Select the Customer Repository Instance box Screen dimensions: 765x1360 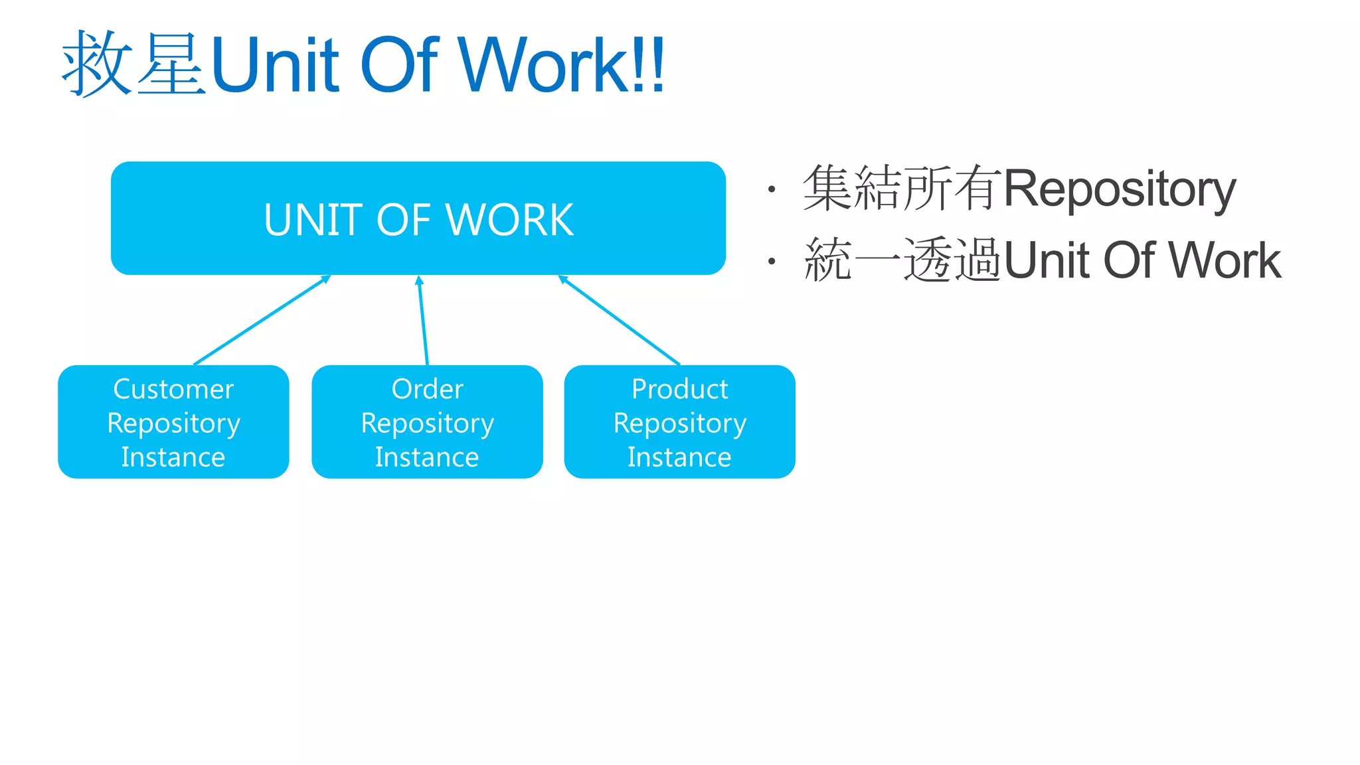[173, 422]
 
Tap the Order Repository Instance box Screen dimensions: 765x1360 [427, 422]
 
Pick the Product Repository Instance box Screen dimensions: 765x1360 [679, 422]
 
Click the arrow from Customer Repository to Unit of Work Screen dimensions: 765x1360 [262, 320]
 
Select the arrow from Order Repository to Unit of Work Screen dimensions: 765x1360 [423, 320]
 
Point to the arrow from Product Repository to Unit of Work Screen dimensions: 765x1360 [620, 320]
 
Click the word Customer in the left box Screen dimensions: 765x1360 [173, 389]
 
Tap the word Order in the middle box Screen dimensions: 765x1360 [427, 389]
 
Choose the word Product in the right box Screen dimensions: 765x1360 [679, 389]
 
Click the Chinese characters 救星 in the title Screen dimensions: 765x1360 [133, 64]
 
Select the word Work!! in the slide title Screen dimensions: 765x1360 [561, 64]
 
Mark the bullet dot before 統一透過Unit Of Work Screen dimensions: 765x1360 [771, 262]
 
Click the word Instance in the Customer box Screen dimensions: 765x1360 [173, 458]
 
